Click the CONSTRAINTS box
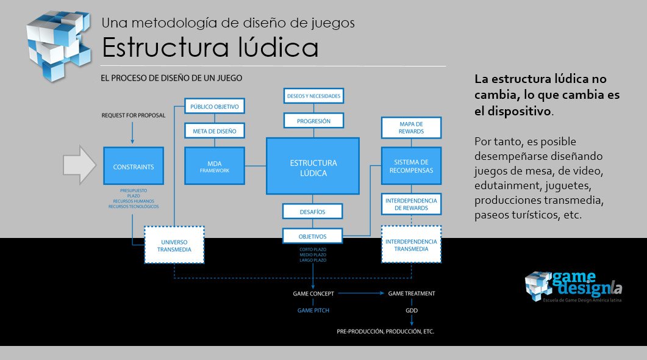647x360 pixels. point(133,166)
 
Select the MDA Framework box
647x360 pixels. point(214,166)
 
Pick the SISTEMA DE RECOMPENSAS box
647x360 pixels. point(411,166)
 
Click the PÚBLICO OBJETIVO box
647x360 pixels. point(214,106)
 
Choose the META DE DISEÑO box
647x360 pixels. point(214,130)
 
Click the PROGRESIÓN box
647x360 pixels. point(313,121)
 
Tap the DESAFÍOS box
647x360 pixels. point(312,212)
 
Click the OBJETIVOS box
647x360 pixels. point(312,236)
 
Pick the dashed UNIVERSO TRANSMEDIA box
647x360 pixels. point(174,245)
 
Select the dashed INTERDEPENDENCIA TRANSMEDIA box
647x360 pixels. point(411,245)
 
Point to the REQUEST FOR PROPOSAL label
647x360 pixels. point(134,115)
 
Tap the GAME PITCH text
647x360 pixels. point(313,311)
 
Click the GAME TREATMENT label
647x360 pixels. point(412,293)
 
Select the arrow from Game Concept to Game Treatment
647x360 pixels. point(360,293)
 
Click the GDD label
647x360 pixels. point(412,311)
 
